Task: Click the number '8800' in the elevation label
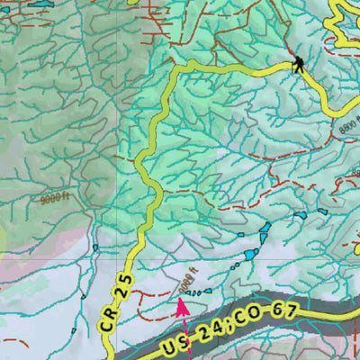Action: [346, 129]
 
